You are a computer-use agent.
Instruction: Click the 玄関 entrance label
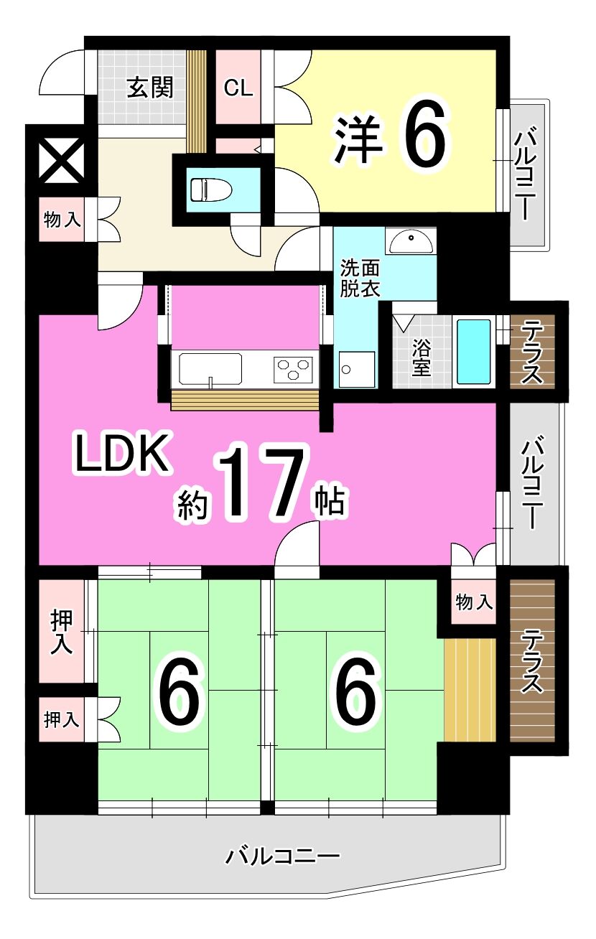tap(150, 88)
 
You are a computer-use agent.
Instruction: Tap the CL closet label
tap(238, 88)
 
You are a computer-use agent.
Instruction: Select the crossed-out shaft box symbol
tap(62, 161)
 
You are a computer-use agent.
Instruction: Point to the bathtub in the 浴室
tap(473, 352)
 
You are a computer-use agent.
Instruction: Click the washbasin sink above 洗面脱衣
tap(411, 240)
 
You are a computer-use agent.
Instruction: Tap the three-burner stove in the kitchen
tap(293, 370)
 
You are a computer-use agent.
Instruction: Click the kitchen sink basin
tap(210, 369)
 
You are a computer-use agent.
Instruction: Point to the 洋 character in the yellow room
tap(358, 139)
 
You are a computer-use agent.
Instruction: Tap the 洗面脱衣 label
tap(360, 278)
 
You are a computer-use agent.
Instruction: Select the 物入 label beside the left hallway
tap(62, 220)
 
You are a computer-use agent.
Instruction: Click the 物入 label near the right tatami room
tap(474, 602)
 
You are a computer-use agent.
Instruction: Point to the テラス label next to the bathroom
tap(532, 352)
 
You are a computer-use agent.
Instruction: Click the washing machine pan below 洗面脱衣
tap(357, 369)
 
